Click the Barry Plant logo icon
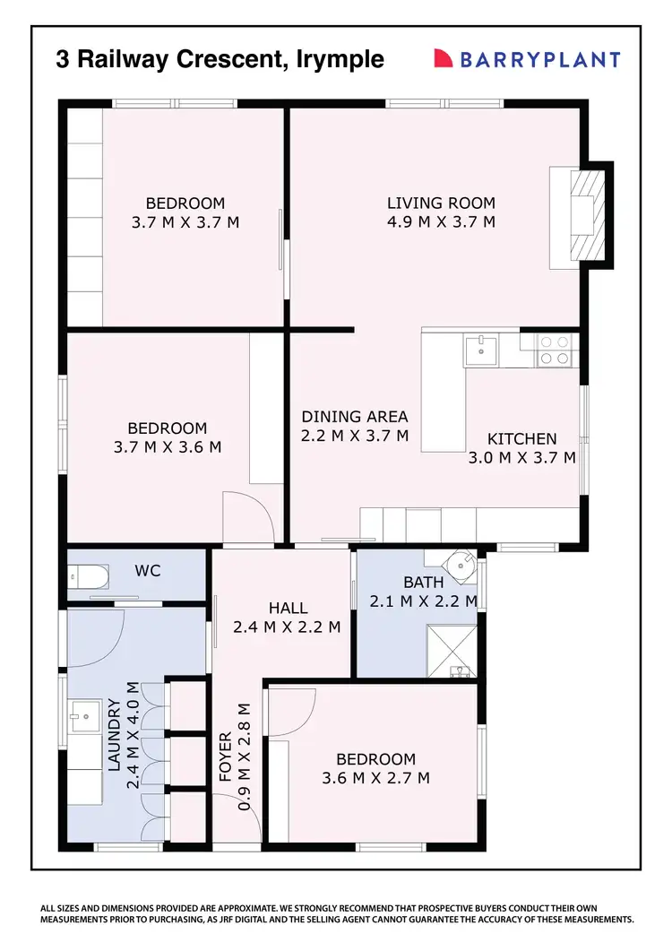tap(443, 59)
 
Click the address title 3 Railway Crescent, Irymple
tap(220, 59)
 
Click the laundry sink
tap(86, 715)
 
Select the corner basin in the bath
tap(464, 564)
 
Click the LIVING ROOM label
tap(441, 203)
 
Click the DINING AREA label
tap(354, 416)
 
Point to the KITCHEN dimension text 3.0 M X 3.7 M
tap(521, 457)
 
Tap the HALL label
tap(288, 608)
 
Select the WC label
tap(147, 570)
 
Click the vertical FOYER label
tap(225, 758)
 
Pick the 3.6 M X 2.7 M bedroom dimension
tap(375, 778)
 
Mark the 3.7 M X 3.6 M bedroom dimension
tap(167, 446)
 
